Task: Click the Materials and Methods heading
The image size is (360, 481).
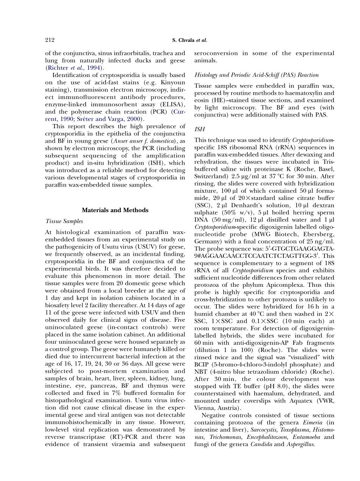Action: click(x=115, y=210)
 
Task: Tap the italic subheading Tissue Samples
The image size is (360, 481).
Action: click(x=64, y=221)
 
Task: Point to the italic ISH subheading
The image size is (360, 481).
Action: click(x=199, y=129)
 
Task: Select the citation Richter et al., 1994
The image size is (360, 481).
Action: click(x=74, y=68)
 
